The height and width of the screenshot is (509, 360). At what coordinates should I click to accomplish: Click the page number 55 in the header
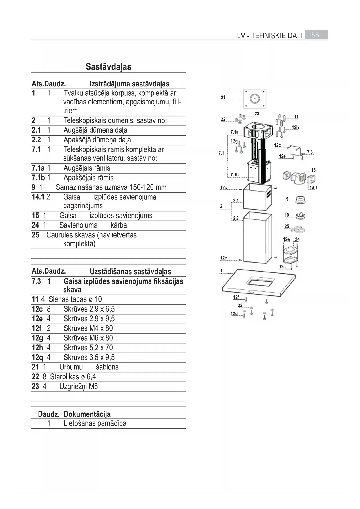(x=315, y=35)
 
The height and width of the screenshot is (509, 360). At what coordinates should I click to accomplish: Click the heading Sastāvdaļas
(x=108, y=67)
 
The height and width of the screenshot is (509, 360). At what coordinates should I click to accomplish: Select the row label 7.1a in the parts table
(x=38, y=168)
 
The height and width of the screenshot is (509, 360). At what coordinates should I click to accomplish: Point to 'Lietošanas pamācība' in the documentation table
(x=95, y=423)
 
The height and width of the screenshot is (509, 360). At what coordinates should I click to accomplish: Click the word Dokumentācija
(x=87, y=414)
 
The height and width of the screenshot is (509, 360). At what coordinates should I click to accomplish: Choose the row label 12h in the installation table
(x=37, y=348)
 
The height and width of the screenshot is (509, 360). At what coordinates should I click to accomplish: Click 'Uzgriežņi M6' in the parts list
(x=79, y=387)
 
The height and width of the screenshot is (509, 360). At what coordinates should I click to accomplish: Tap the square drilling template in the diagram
(x=255, y=99)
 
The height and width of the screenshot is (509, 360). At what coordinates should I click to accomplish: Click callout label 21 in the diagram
(x=223, y=98)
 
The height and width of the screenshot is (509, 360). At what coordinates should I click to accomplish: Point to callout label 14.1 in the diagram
(x=313, y=188)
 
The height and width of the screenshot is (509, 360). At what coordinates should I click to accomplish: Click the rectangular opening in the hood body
(x=260, y=281)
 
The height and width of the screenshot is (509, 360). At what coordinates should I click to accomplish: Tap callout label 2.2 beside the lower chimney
(x=236, y=218)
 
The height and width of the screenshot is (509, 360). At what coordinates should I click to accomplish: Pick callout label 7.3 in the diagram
(x=310, y=152)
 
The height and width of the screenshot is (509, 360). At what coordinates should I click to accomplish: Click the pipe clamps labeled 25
(x=298, y=229)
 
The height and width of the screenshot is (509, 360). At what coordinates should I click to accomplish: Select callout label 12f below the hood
(x=236, y=297)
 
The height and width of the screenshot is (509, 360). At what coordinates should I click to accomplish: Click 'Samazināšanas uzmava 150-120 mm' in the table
(x=111, y=187)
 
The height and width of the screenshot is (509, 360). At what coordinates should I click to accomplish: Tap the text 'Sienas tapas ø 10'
(x=75, y=299)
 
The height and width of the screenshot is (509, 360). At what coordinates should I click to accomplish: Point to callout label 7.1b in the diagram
(x=234, y=175)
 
